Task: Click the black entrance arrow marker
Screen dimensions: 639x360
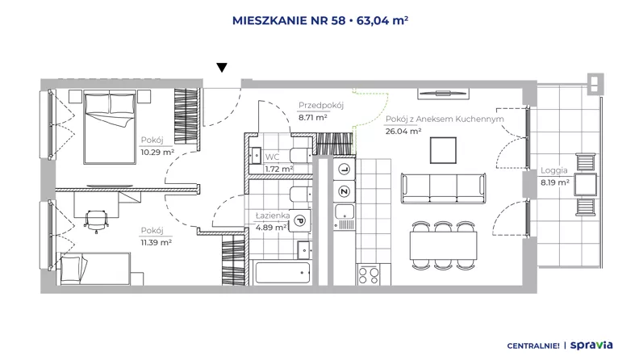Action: click(x=222, y=68)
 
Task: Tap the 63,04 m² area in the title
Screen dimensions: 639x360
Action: click(x=382, y=20)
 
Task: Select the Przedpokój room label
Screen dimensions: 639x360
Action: click(x=321, y=105)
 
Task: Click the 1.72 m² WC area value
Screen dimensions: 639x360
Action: click(x=278, y=169)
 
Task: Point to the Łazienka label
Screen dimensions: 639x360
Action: click(x=273, y=216)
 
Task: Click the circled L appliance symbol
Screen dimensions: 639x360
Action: click(x=345, y=170)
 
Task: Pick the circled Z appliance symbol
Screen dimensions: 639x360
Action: click(x=345, y=191)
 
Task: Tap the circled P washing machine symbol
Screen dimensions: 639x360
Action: click(x=299, y=221)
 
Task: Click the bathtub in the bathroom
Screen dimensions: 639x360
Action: click(x=282, y=273)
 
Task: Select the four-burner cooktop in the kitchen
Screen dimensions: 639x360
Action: click(x=369, y=274)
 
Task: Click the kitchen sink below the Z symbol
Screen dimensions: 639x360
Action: click(x=345, y=212)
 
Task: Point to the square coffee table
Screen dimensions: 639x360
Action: click(x=443, y=150)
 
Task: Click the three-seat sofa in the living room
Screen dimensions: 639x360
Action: click(x=444, y=188)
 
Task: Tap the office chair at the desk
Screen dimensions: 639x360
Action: click(x=97, y=220)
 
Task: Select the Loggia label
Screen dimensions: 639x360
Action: click(x=553, y=170)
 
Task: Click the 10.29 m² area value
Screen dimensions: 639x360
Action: click(x=157, y=153)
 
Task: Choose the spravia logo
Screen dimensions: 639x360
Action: click(x=591, y=345)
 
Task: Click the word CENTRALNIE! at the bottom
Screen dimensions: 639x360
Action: click(x=533, y=346)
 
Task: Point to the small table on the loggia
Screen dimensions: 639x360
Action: click(x=586, y=184)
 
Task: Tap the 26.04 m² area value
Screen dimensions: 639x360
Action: click(x=403, y=132)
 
